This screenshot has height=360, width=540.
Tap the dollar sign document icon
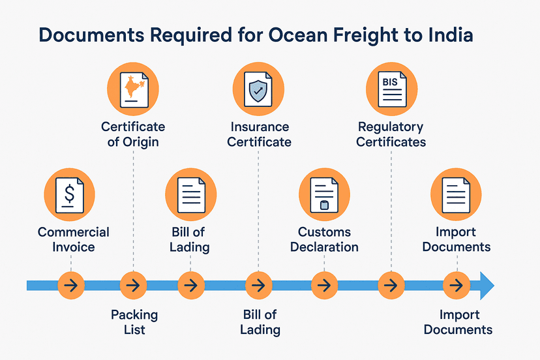[x=69, y=194]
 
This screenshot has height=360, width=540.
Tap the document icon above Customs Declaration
[x=324, y=194]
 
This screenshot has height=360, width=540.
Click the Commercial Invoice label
[x=73, y=239]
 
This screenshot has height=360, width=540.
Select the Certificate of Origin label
[x=133, y=134]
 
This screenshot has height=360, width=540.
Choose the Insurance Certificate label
[x=259, y=134]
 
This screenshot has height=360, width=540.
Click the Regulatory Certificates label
[x=391, y=134]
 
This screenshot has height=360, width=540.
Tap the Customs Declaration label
[x=324, y=239]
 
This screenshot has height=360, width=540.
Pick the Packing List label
[x=134, y=322]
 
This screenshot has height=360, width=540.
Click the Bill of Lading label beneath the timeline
[x=260, y=322]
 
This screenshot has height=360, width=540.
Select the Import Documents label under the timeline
[x=458, y=322]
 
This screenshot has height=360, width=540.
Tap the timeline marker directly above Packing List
[x=133, y=286]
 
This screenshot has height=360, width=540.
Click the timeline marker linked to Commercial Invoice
[x=70, y=286]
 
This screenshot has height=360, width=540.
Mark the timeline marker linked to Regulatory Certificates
[x=391, y=286]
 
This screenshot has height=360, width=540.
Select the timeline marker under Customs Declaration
[x=324, y=286]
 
